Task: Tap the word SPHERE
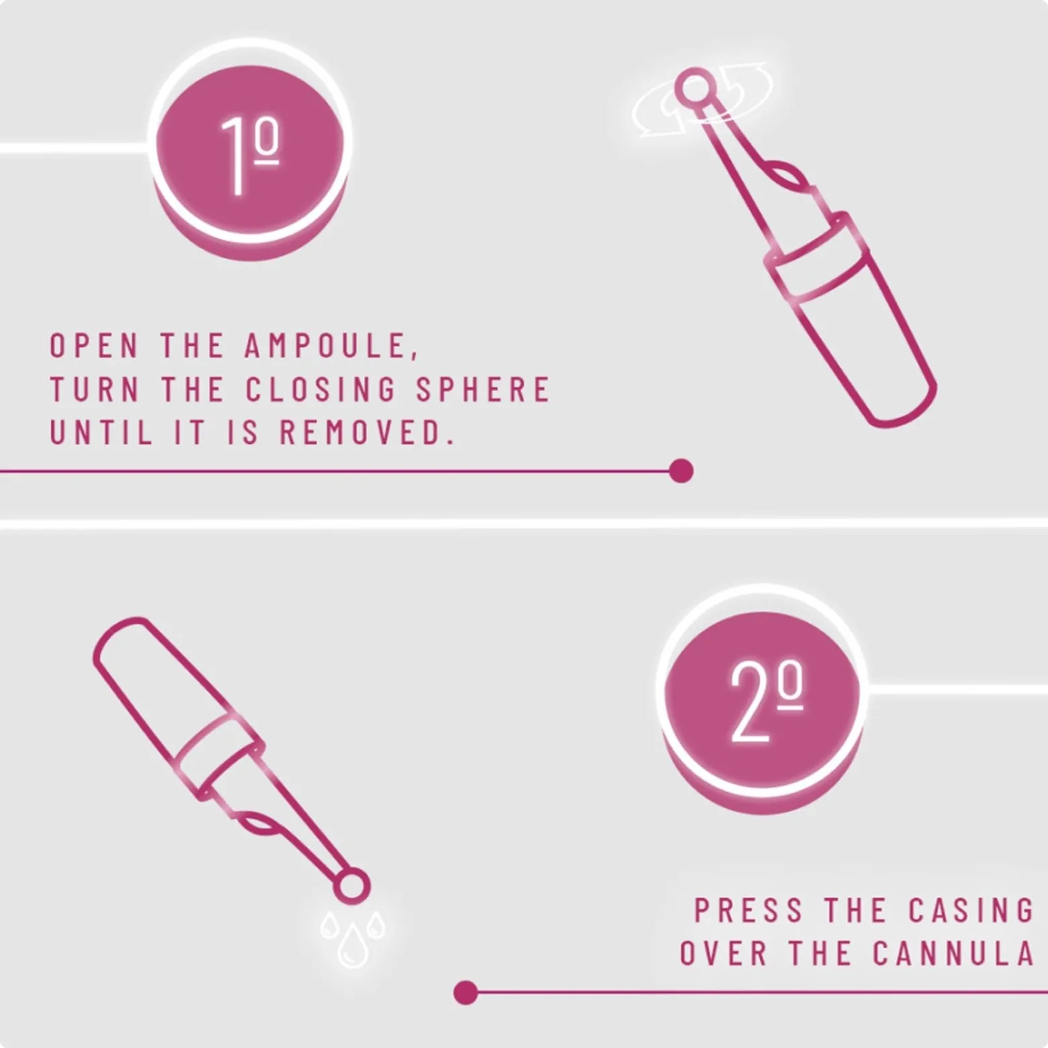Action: [x=483, y=390]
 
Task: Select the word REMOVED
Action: [x=366, y=433]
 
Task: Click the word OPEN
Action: [x=95, y=346]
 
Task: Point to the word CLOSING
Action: [x=320, y=390]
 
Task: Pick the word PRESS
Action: [x=749, y=911]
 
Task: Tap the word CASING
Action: [x=971, y=911]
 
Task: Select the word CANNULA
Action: [x=953, y=954]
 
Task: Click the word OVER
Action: [x=723, y=954]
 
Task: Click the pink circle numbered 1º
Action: [x=250, y=149]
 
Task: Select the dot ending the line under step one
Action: [x=681, y=471]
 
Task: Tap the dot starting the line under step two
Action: [x=465, y=992]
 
